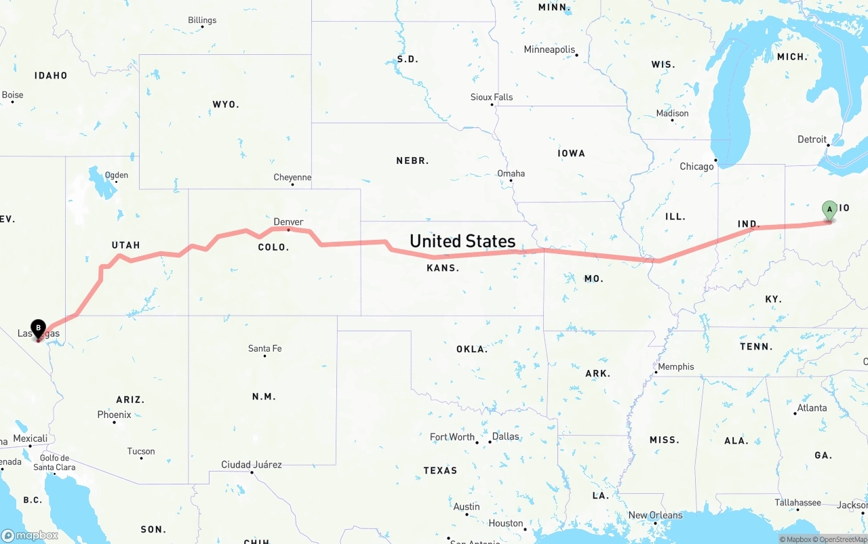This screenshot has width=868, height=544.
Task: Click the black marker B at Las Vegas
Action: (x=38, y=329)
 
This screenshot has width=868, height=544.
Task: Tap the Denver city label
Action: (x=288, y=222)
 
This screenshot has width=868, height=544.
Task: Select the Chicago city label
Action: (x=696, y=166)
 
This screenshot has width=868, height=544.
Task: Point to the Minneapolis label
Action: (x=549, y=49)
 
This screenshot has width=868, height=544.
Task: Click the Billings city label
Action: (x=202, y=20)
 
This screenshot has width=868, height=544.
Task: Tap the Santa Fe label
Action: (x=264, y=348)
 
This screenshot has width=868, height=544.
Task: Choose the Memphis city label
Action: (x=675, y=367)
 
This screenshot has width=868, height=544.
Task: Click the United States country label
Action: (x=462, y=241)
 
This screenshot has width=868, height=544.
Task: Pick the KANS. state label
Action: (x=442, y=268)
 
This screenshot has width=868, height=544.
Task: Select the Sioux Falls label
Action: (x=492, y=97)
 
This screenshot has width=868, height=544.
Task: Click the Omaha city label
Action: (x=511, y=173)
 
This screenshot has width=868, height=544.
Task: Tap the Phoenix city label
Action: (x=114, y=414)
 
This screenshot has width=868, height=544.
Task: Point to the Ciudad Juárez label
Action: (x=251, y=465)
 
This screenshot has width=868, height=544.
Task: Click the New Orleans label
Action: (x=655, y=515)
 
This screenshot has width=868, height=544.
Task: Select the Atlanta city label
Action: (x=812, y=408)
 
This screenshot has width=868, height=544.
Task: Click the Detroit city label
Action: (x=812, y=140)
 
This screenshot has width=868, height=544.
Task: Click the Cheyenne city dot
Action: (x=292, y=184)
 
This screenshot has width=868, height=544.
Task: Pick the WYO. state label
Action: (x=225, y=104)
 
